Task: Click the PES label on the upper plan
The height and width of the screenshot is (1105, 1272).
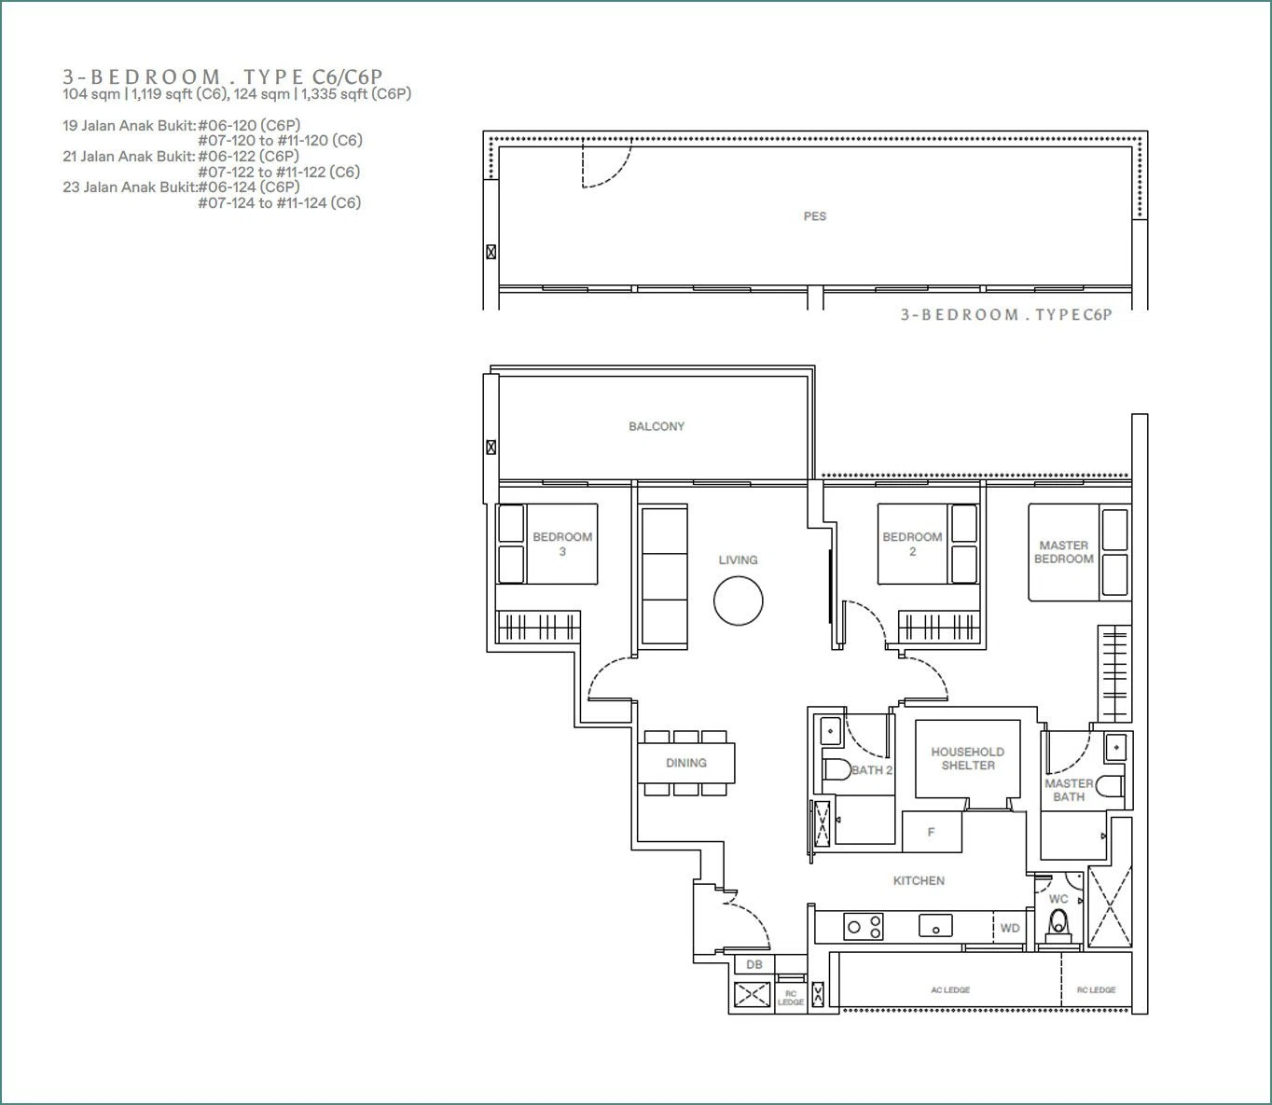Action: (x=814, y=216)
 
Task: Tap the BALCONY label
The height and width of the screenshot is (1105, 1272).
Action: (x=657, y=426)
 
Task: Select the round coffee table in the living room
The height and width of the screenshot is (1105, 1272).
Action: (x=738, y=601)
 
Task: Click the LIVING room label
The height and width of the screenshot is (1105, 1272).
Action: (x=738, y=559)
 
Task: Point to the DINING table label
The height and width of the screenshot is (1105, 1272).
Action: (x=685, y=763)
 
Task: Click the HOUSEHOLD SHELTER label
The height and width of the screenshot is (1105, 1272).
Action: (x=967, y=758)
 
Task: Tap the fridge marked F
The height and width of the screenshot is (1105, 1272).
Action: (x=932, y=832)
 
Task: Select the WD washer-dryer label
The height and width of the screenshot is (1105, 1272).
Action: (x=1010, y=928)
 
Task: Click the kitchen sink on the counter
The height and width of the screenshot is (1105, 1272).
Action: (x=935, y=925)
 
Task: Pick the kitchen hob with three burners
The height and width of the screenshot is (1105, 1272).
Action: (x=863, y=926)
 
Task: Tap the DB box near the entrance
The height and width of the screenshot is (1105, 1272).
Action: (x=754, y=964)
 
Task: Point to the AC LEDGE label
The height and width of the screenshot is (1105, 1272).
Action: (x=950, y=989)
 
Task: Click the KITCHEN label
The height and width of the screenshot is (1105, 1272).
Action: (x=919, y=880)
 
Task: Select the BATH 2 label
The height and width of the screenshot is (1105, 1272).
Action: (x=872, y=770)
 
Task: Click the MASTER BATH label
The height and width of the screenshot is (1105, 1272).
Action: (x=1069, y=790)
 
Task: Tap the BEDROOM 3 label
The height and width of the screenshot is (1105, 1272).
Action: (x=562, y=544)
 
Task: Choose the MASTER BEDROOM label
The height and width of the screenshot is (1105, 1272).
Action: (x=1064, y=552)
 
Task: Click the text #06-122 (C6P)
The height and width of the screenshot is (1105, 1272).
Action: (x=249, y=156)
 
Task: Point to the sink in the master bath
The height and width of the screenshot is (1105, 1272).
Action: (x=1116, y=747)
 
